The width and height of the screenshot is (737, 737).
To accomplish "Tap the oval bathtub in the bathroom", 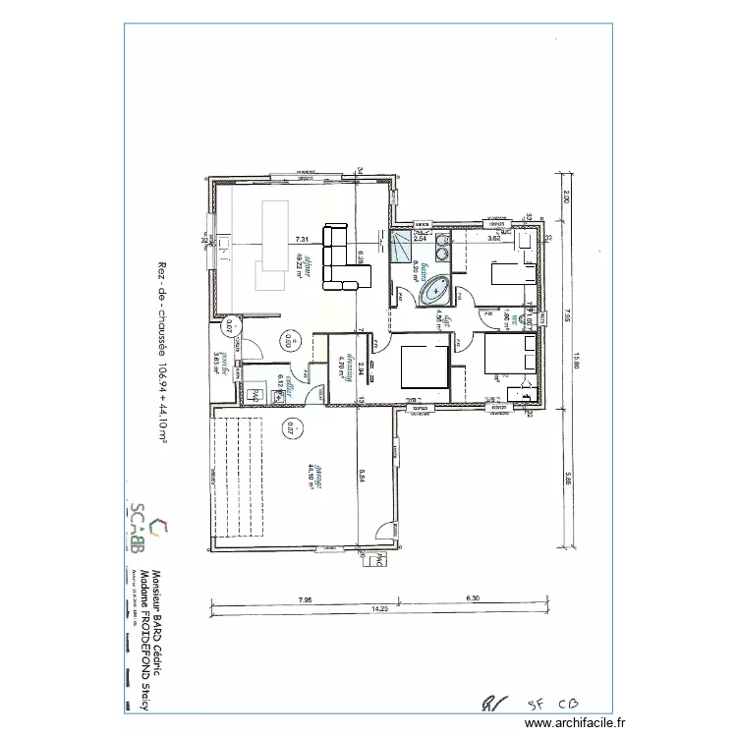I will pos(433,291).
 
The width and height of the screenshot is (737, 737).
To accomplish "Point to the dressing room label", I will pos(344,365).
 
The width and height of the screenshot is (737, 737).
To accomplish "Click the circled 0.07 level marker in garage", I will pos(290,427).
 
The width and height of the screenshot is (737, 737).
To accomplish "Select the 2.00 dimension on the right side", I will pos(567,197).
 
